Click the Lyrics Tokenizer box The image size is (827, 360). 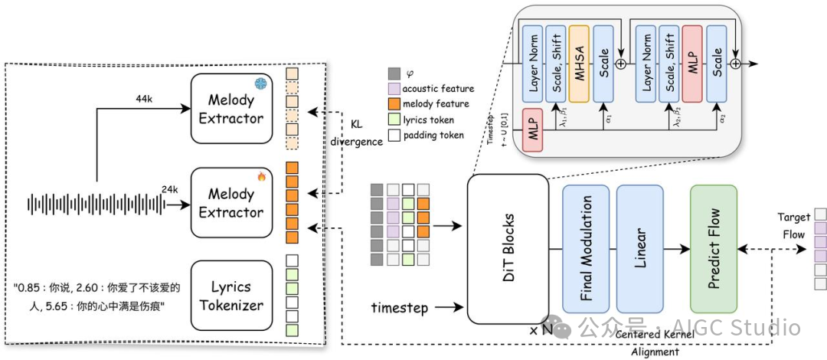pos(231,296)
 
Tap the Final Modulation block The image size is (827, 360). pos(586,249)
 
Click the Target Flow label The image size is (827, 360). pos(794,226)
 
